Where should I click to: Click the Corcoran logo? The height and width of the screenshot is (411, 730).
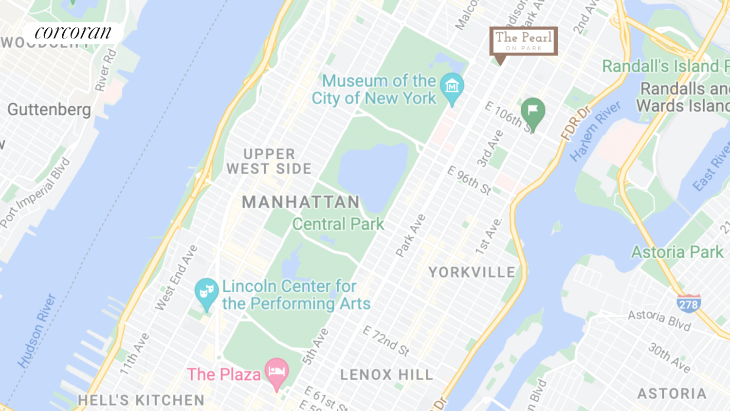click(73, 33)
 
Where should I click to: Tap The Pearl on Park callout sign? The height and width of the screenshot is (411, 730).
click(523, 41)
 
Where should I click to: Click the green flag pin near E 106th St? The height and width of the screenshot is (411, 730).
click(533, 112)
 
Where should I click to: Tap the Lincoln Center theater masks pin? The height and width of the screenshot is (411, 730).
click(206, 292)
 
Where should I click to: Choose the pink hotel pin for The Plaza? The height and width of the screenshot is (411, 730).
click(276, 373)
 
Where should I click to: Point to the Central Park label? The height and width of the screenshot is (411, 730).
click(338, 224)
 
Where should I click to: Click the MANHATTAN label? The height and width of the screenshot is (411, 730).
click(301, 202)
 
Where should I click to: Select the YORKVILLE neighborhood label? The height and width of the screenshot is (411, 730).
click(472, 272)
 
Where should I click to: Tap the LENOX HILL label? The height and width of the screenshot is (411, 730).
click(386, 374)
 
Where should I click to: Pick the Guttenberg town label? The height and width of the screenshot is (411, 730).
click(49, 110)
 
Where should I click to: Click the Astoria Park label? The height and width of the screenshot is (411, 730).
click(677, 252)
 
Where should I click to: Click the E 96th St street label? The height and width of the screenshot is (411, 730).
click(469, 180)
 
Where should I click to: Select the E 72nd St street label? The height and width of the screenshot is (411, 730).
click(386, 340)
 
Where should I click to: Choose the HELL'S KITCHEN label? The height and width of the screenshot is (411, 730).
click(141, 400)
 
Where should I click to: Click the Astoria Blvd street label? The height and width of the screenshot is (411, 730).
click(659, 319)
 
